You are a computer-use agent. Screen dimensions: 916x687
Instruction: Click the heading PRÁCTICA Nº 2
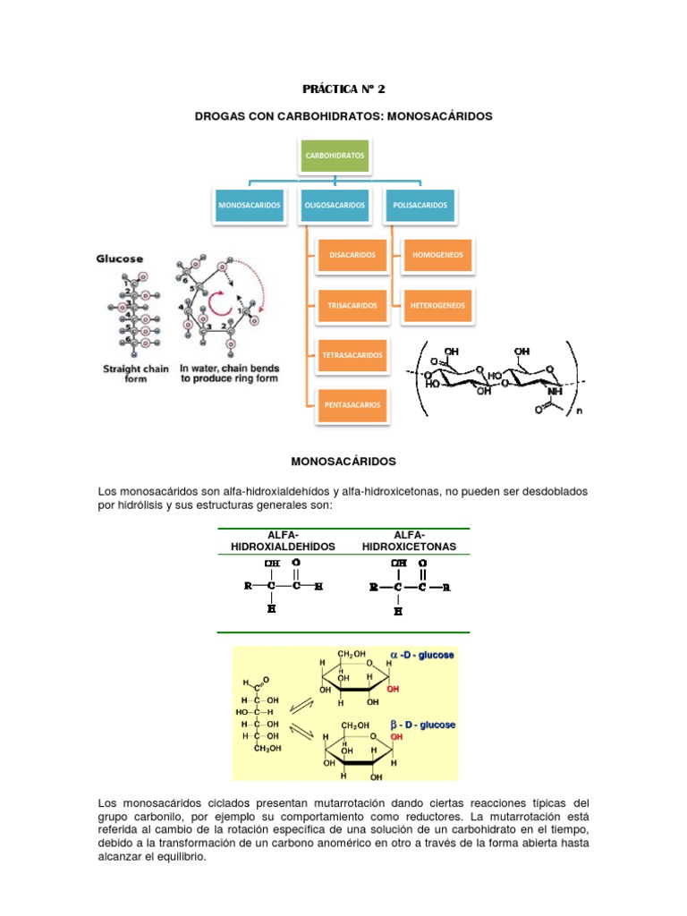pyautogui.click(x=343, y=89)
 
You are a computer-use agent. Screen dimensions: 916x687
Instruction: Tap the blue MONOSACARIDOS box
pyautogui.click(x=250, y=205)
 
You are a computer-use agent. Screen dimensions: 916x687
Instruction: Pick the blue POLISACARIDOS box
pyautogui.click(x=420, y=205)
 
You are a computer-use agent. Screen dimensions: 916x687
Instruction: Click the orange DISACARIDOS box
pyautogui.click(x=352, y=255)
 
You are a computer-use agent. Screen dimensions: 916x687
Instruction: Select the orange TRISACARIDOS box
pyautogui.click(x=352, y=305)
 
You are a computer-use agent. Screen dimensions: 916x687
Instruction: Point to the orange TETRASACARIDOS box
pyautogui.click(x=352, y=355)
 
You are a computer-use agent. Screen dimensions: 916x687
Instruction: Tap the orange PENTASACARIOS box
pyautogui.click(x=352, y=404)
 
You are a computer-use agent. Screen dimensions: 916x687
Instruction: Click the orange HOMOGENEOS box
pyautogui.click(x=437, y=255)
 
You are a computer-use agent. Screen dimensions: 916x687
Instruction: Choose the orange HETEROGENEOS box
pyautogui.click(x=437, y=305)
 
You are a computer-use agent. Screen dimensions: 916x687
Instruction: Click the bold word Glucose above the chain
pyautogui.click(x=120, y=259)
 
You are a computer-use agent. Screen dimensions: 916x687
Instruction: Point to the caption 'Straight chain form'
pyautogui.click(x=134, y=373)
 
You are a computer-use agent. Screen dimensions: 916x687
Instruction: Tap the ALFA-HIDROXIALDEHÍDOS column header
pyautogui.click(x=283, y=540)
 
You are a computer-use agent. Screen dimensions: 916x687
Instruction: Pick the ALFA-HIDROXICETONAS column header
pyautogui.click(x=408, y=540)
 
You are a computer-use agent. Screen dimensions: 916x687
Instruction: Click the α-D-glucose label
pyautogui.click(x=421, y=656)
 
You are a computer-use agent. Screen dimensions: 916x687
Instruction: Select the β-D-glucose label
pyautogui.click(x=421, y=725)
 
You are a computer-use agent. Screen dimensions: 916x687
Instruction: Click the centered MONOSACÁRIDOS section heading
pyautogui.click(x=343, y=462)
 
